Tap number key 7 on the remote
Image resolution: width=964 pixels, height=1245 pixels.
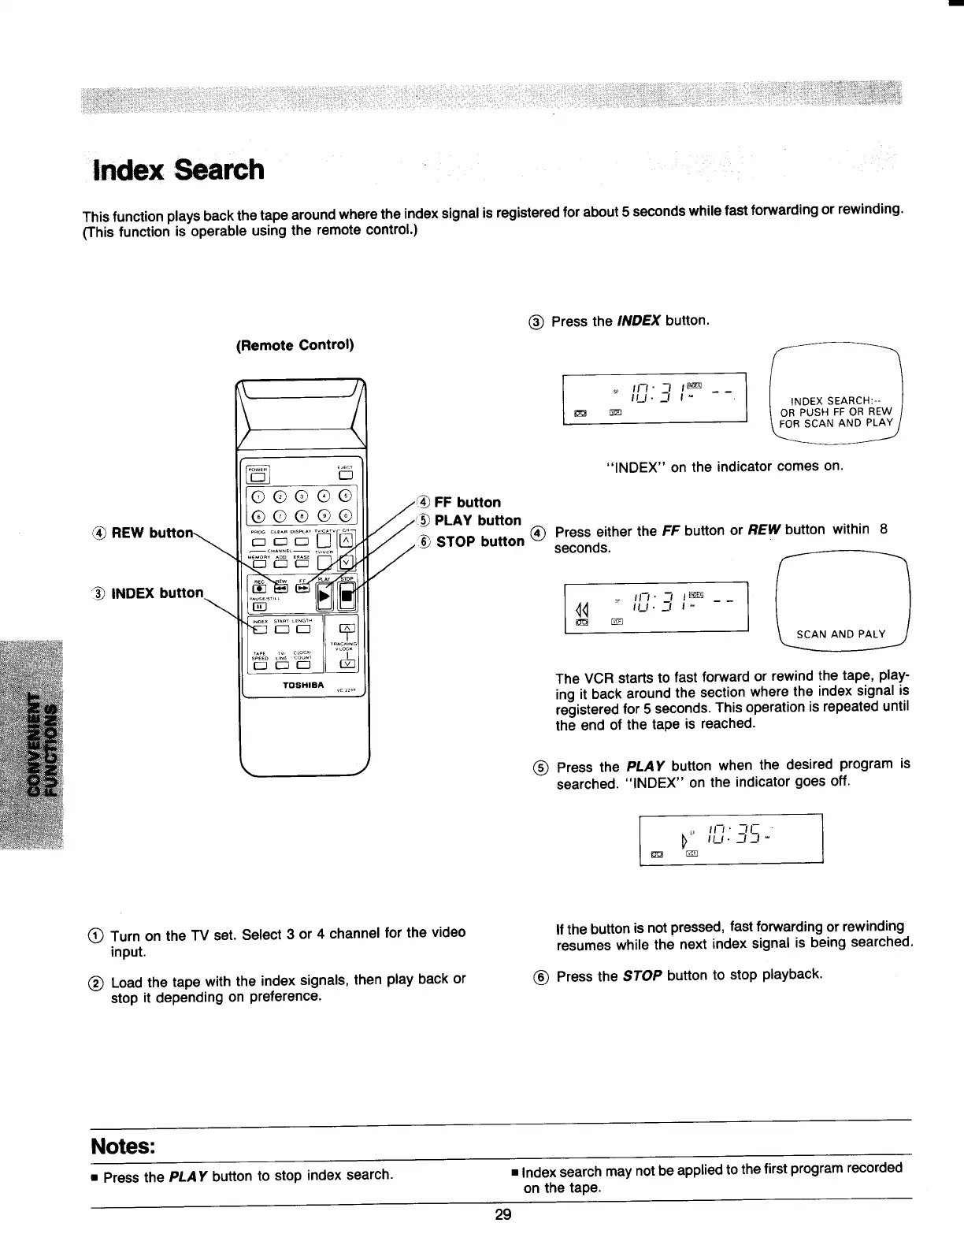[280, 517]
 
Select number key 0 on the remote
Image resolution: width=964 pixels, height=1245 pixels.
[345, 517]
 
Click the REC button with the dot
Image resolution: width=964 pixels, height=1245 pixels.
[258, 588]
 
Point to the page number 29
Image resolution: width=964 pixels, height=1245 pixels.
[503, 1214]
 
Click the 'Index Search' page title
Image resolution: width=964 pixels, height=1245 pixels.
[179, 169]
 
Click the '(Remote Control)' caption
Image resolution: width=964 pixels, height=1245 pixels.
[295, 345]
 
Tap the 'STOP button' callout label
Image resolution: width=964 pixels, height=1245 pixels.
[480, 541]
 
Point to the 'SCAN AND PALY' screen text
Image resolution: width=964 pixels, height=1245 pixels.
[841, 634]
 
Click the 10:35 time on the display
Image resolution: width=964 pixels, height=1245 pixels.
[733, 833]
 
